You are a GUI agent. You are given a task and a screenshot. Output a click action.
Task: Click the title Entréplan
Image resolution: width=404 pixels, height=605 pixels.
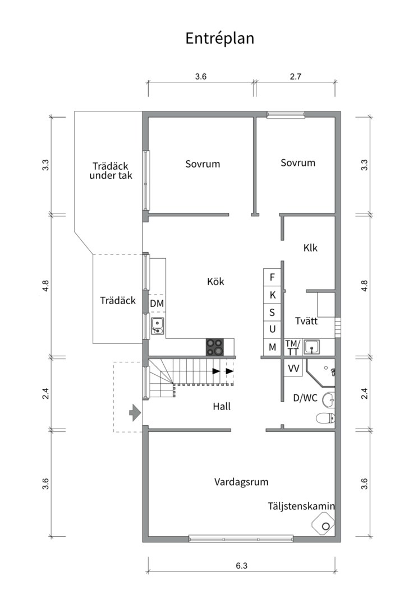click(220, 38)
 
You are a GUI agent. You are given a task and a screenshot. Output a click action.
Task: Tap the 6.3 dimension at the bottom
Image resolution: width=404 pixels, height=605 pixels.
click(241, 566)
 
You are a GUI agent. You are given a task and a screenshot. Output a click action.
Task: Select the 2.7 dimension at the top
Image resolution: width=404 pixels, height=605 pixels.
click(296, 77)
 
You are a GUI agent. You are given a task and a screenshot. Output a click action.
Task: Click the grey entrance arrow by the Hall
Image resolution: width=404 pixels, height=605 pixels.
click(135, 414)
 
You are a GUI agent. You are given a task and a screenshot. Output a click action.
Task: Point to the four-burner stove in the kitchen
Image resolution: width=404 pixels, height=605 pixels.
click(214, 347)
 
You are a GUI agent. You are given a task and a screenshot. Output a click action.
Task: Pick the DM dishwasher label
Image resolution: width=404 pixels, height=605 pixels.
click(157, 303)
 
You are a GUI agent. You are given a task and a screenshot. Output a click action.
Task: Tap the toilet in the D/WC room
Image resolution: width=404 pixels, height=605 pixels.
click(325, 417)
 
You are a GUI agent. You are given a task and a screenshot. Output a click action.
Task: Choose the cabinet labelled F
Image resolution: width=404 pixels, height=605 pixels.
click(273, 277)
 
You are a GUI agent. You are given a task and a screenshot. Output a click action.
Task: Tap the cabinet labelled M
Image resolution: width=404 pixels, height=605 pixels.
click(273, 347)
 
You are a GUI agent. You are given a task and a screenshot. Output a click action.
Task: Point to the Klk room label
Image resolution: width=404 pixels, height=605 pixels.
click(310, 247)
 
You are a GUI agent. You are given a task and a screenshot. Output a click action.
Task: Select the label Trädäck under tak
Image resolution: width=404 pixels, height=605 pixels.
click(111, 170)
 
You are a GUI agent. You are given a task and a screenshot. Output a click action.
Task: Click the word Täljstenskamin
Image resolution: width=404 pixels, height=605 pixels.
click(301, 506)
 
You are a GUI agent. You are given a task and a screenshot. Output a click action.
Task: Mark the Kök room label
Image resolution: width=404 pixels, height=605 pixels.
click(215, 281)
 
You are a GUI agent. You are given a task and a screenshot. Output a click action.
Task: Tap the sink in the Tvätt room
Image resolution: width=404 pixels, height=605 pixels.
click(312, 347)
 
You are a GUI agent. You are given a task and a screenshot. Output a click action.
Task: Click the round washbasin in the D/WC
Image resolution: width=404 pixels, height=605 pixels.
click(330, 399)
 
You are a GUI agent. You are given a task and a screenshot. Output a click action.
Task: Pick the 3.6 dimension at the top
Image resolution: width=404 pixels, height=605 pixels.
click(201, 77)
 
